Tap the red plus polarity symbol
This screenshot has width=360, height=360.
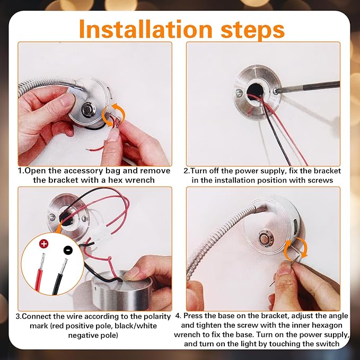click(x=43, y=243)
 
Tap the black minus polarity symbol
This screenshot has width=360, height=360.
click(x=68, y=250)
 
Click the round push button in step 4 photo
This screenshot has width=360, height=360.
click(x=265, y=239)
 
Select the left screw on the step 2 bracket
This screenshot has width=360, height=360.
click(x=239, y=93)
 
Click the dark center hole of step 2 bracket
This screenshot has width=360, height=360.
click(x=254, y=91)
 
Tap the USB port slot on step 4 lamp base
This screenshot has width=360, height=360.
click(x=295, y=226)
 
